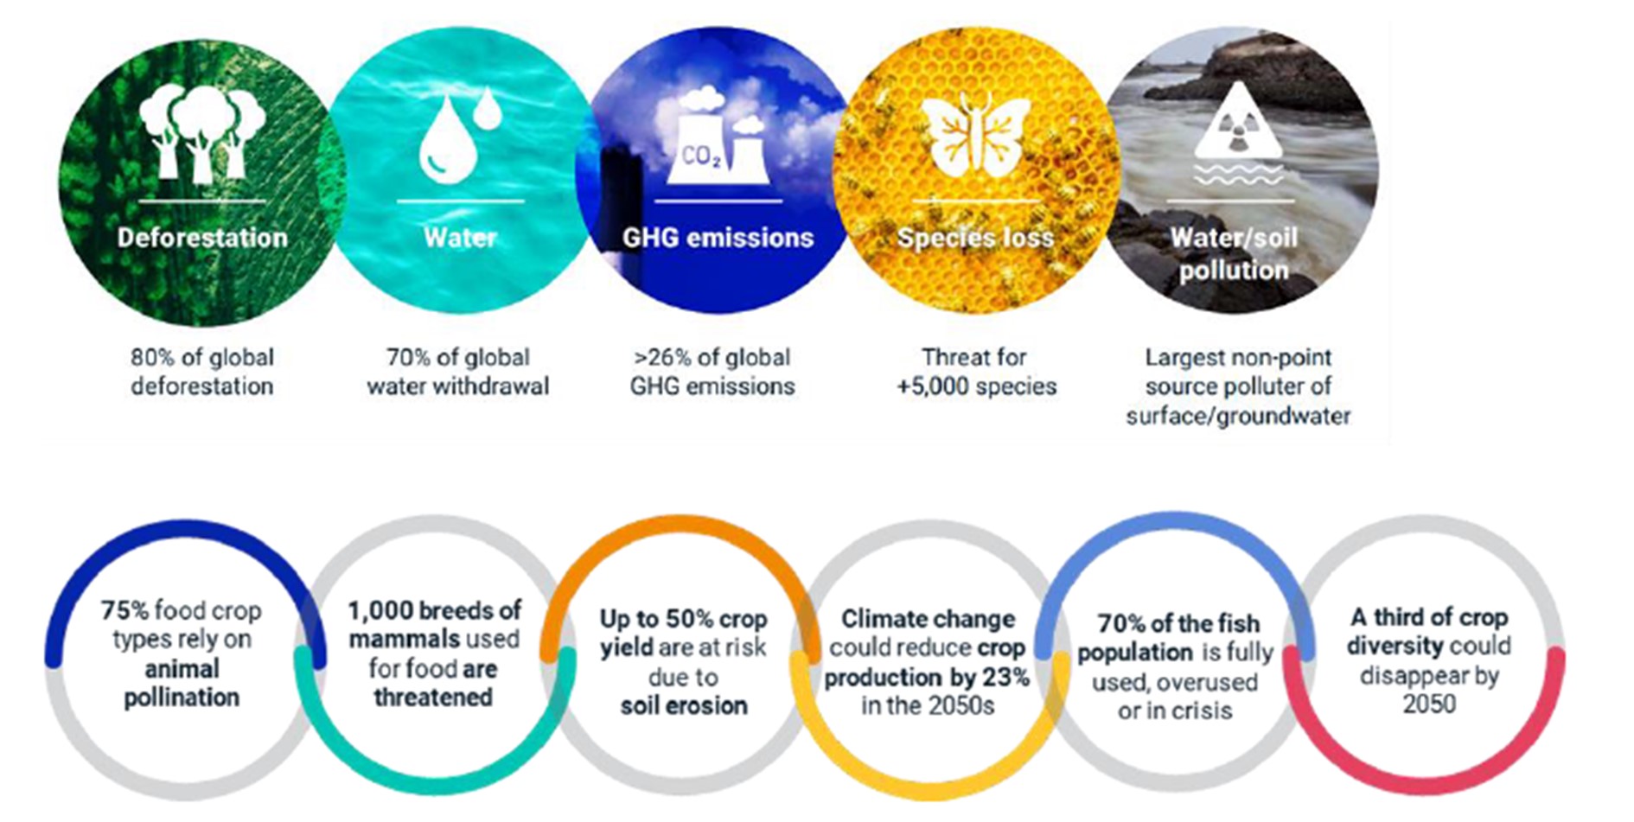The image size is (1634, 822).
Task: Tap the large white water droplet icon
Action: tap(447, 138)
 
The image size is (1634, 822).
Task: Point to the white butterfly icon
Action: tap(974, 135)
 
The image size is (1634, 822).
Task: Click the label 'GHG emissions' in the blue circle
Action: tap(718, 238)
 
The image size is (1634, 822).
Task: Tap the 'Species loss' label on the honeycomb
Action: tap(975, 238)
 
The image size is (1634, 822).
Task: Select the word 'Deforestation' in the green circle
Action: tap(202, 238)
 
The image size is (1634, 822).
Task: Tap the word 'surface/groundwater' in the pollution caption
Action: tap(1238, 416)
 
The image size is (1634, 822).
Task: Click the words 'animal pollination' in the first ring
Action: tap(182, 683)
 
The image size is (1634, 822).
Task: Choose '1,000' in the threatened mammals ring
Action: tap(380, 611)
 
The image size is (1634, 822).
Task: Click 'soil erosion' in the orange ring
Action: tap(684, 705)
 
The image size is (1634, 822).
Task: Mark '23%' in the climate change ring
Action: tap(1005, 677)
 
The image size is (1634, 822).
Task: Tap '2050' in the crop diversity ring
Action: tap(1429, 704)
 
